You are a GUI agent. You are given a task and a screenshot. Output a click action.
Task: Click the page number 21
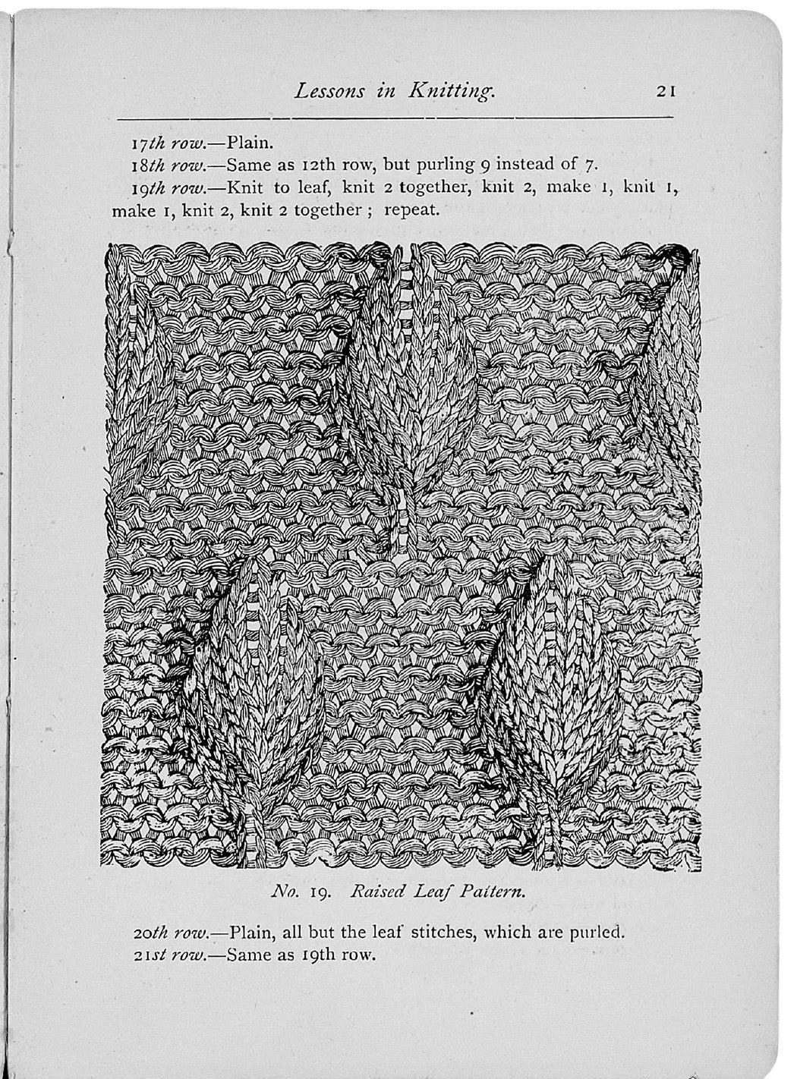coord(666,91)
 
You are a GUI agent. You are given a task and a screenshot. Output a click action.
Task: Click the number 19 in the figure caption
coord(317,892)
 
